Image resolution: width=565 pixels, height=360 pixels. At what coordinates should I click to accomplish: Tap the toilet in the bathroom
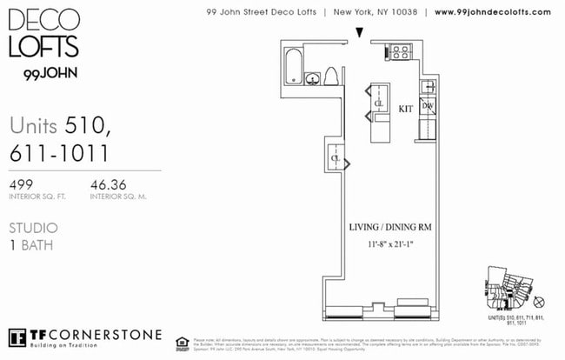pyautogui.click(x=330, y=76)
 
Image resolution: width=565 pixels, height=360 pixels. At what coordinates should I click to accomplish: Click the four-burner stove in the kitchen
pyautogui.click(x=400, y=52)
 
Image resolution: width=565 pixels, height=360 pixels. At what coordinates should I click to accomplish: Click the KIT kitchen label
pyautogui.click(x=405, y=110)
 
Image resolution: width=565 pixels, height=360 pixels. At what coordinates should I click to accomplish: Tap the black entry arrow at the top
pyautogui.click(x=360, y=33)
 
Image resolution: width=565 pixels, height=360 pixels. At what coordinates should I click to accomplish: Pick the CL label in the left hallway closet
pyautogui.click(x=335, y=159)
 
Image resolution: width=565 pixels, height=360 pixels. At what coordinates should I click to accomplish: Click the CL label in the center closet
pyautogui.click(x=379, y=103)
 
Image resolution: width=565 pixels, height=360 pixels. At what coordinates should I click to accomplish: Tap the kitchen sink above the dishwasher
pyautogui.click(x=428, y=86)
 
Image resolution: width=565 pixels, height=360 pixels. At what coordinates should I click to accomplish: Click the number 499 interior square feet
pyautogui.click(x=23, y=184)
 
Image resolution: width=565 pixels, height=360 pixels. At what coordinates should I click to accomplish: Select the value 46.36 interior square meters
pyautogui.click(x=109, y=184)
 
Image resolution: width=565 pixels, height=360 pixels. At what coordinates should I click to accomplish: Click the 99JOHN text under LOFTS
pyautogui.click(x=44, y=73)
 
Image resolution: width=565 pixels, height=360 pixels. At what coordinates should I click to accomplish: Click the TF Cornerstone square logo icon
pyautogui.click(x=17, y=337)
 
